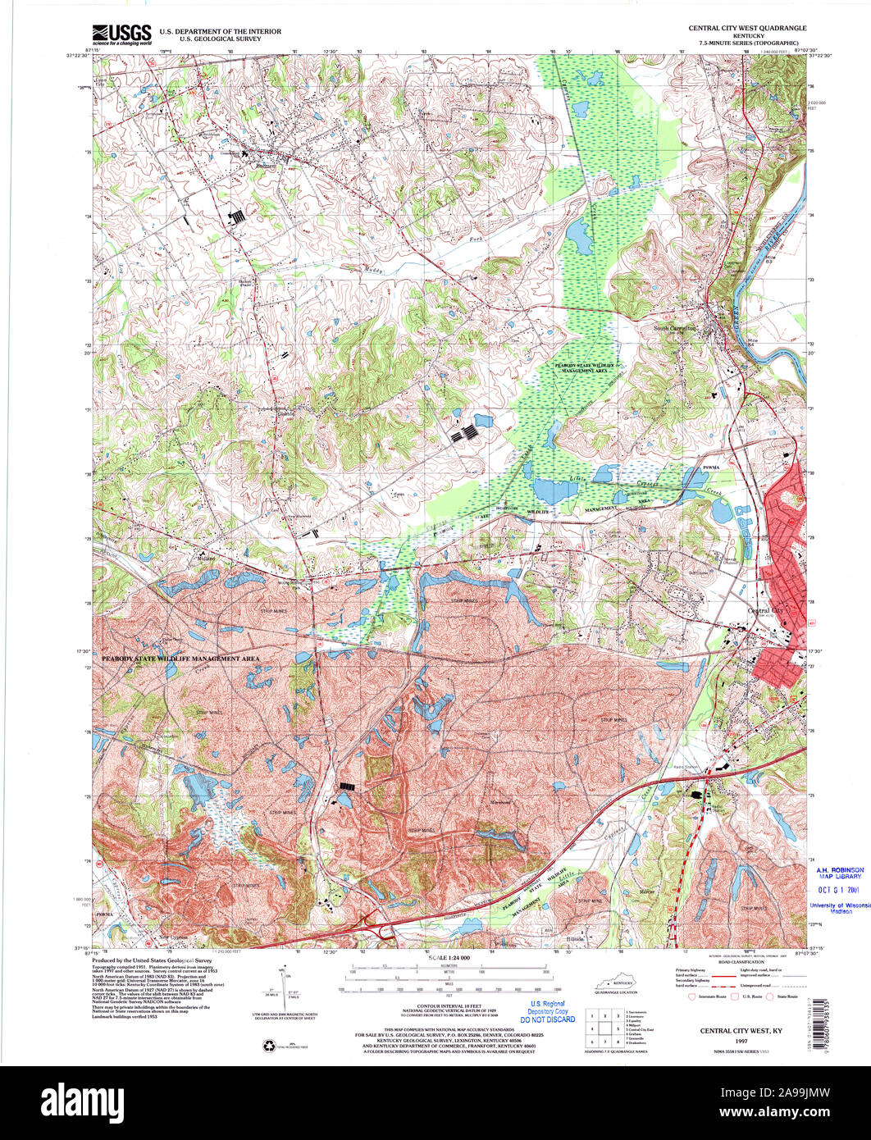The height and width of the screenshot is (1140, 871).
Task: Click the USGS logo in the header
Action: click(122, 34)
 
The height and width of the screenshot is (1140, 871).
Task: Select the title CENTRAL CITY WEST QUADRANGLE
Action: click(746, 27)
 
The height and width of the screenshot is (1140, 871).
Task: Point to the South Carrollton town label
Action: click(674, 327)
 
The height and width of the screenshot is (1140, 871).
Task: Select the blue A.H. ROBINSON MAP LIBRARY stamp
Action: click(838, 873)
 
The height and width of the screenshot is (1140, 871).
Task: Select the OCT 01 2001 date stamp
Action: click(838, 889)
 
